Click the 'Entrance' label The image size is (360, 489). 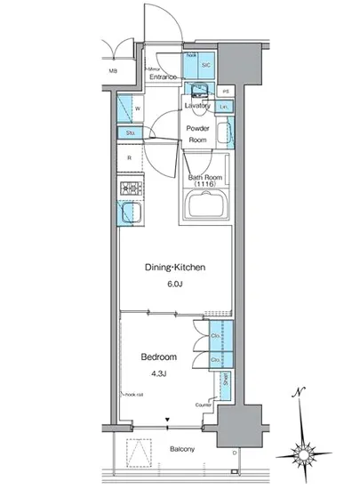point(163,77)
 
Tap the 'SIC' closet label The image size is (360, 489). point(205,66)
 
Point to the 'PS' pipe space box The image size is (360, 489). point(226,92)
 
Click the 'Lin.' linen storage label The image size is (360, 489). point(225,108)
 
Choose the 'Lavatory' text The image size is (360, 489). point(196,105)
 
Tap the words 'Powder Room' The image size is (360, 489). point(196,132)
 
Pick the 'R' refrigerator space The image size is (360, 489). point(130,158)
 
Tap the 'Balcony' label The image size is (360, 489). point(183,450)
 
